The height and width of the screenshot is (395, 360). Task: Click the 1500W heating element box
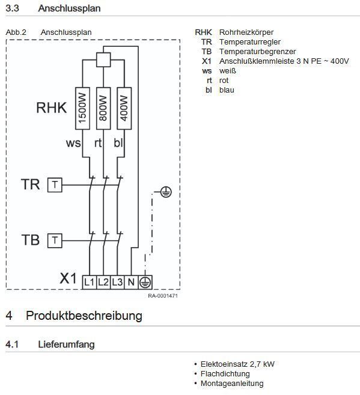click(x=82, y=108)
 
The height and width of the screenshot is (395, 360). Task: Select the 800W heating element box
click(x=103, y=108)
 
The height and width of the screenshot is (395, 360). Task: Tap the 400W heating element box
click(x=124, y=108)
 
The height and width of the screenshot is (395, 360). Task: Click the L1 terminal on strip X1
click(x=90, y=282)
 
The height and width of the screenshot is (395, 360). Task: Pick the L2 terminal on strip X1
click(x=103, y=282)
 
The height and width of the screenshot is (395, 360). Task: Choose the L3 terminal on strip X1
click(x=117, y=282)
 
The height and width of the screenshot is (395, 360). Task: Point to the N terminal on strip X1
click(x=131, y=282)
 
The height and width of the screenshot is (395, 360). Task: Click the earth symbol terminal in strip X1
click(x=145, y=282)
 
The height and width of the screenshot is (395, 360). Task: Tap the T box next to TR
click(x=55, y=185)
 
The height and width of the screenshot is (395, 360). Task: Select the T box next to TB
click(x=55, y=240)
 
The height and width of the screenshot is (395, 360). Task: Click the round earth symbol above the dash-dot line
click(x=166, y=192)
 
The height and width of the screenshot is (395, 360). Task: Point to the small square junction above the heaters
click(x=103, y=60)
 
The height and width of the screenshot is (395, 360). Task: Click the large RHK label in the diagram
click(x=52, y=108)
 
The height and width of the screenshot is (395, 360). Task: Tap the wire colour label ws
click(x=73, y=143)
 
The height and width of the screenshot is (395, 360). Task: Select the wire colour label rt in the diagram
click(x=98, y=143)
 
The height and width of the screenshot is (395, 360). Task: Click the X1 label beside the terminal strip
click(x=68, y=278)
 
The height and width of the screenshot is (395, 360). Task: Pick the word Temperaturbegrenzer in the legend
click(x=258, y=52)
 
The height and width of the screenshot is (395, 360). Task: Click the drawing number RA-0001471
click(x=163, y=296)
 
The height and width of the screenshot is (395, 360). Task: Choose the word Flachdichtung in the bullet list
click(x=225, y=374)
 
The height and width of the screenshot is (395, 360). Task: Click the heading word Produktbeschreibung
click(x=84, y=316)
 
